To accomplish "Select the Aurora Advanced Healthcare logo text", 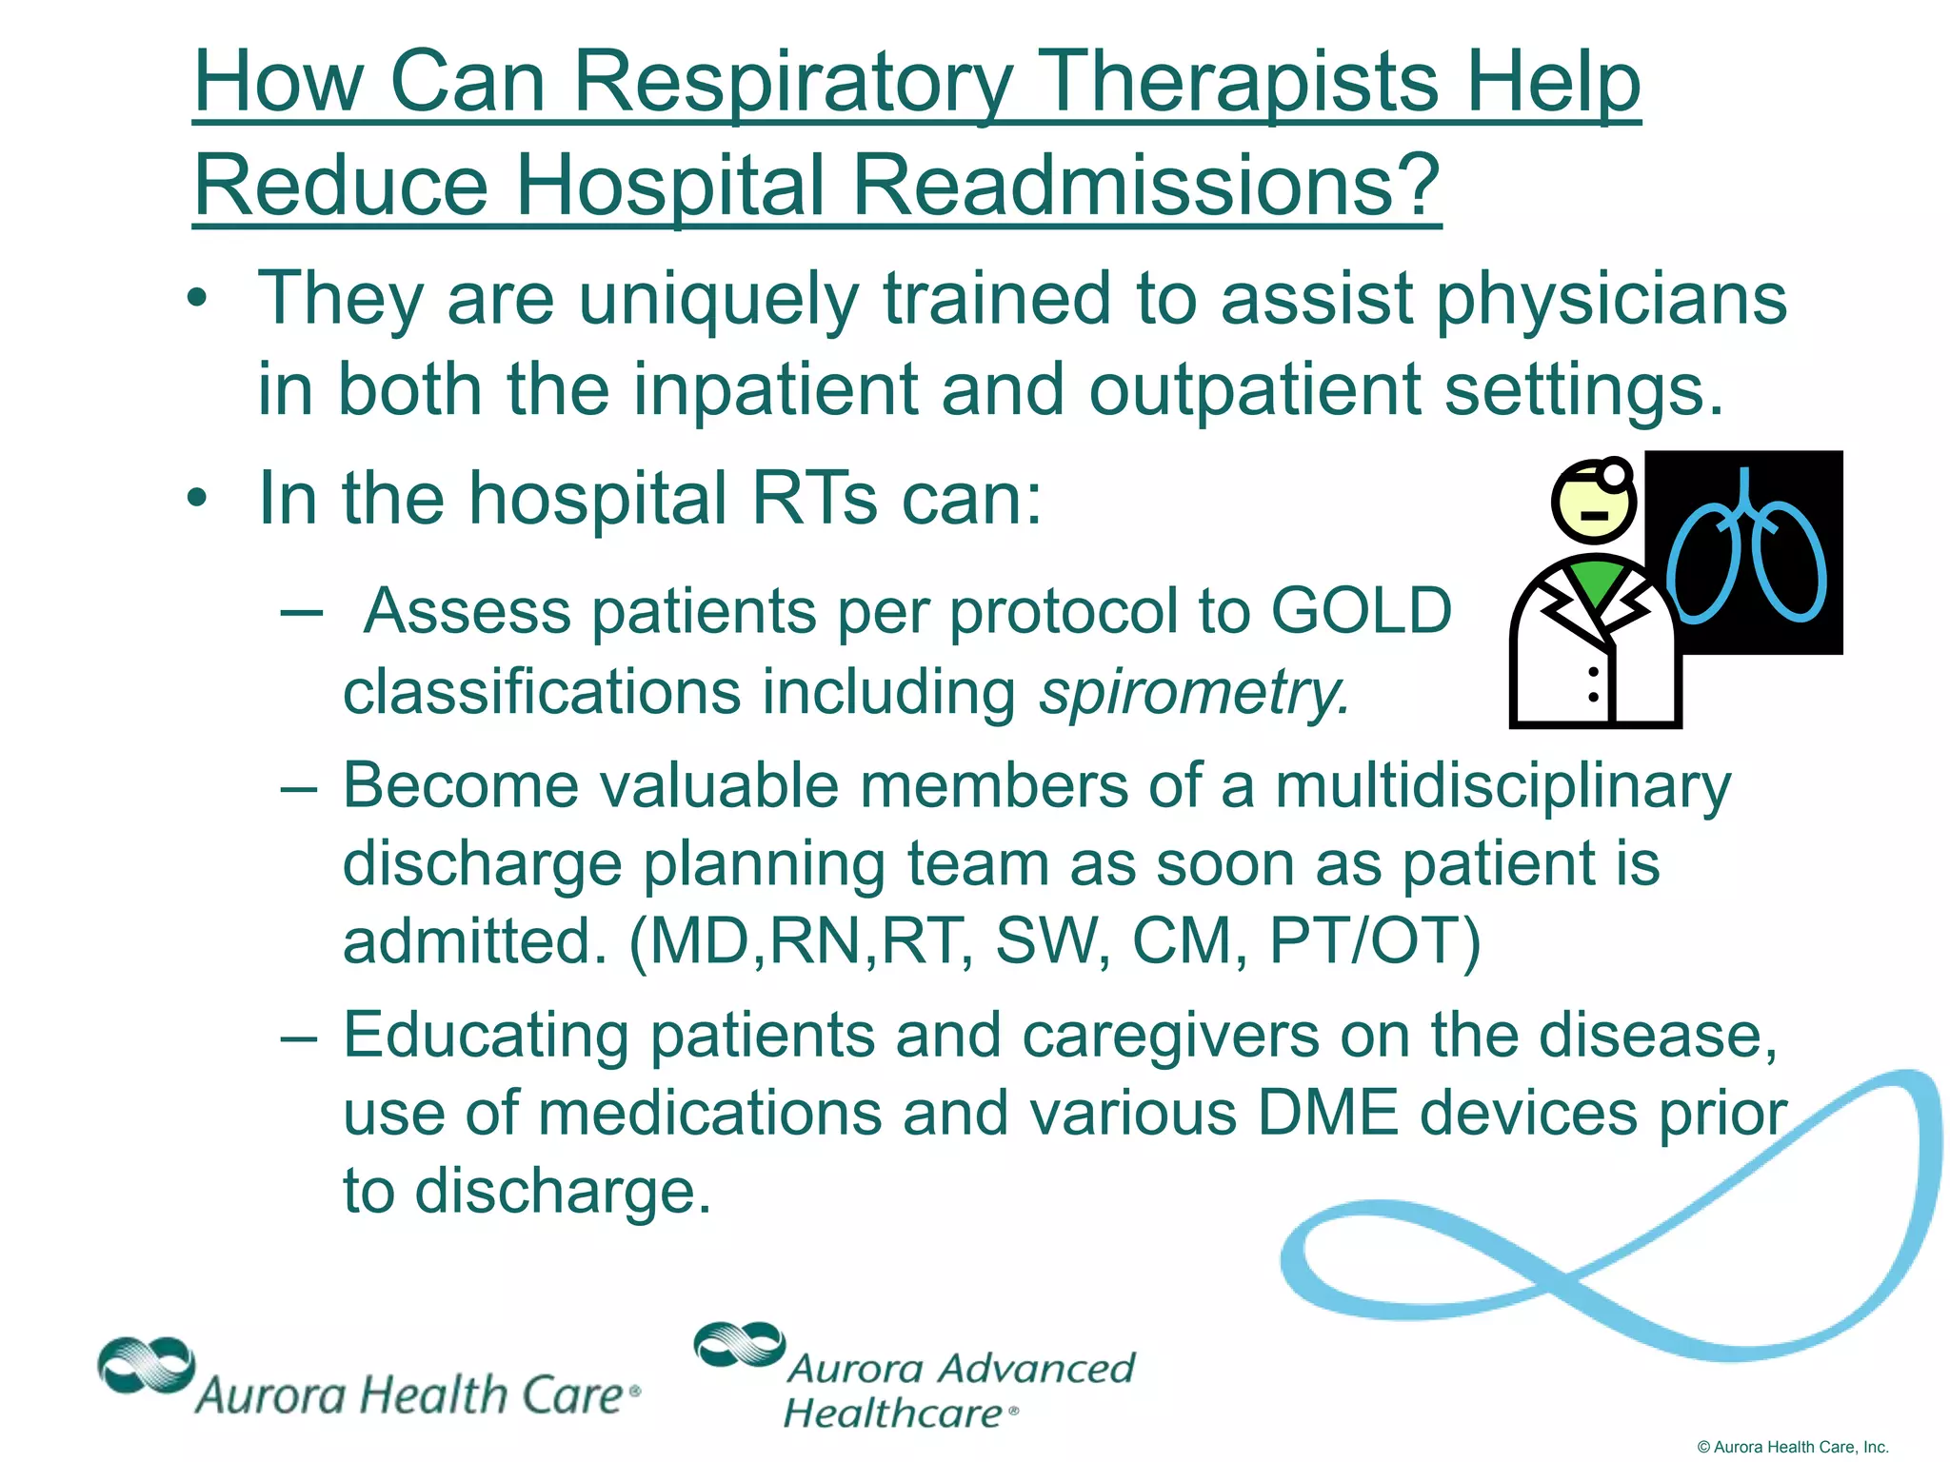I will tap(957, 1391).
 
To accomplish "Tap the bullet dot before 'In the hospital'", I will tap(197, 499).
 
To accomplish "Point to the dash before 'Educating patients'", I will tap(298, 1037).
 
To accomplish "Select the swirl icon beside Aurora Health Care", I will tap(146, 1366).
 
